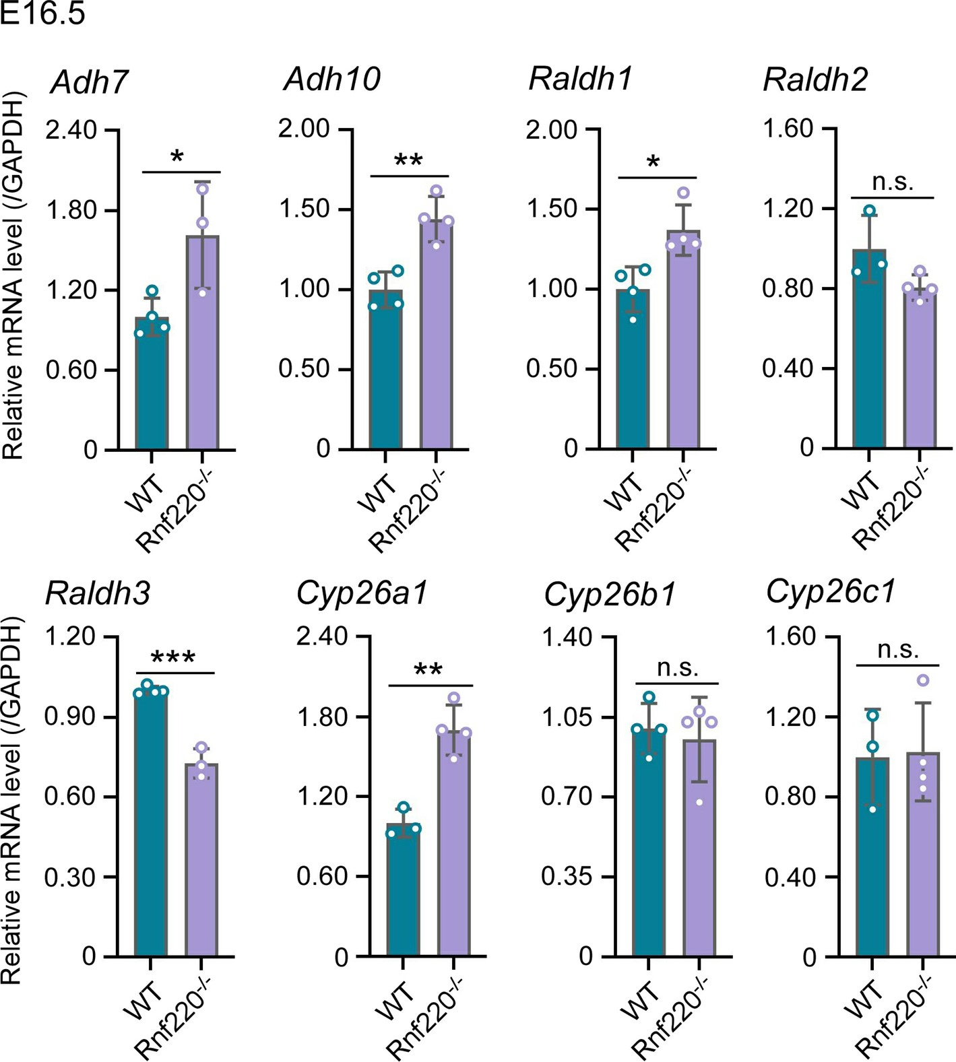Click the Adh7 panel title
(x=89, y=82)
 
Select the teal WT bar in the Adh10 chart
(x=385, y=370)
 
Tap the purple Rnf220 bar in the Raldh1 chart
(x=683, y=343)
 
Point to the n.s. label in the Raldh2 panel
(x=893, y=182)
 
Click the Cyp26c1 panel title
(x=831, y=591)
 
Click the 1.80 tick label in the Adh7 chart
(x=71, y=210)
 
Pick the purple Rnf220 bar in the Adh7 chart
(x=202, y=343)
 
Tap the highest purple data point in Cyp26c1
(x=923, y=680)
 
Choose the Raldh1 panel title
(x=580, y=79)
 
